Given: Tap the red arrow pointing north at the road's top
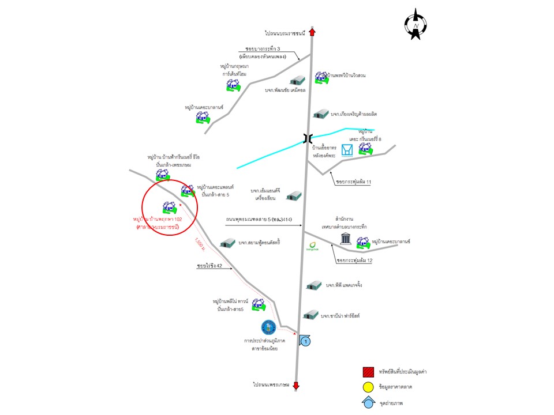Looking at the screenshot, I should [312, 33].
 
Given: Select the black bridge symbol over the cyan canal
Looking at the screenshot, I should [309, 138].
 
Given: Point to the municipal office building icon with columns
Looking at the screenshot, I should [346, 239].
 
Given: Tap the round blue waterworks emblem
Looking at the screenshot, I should [268, 328].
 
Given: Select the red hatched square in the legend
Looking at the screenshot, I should [367, 372].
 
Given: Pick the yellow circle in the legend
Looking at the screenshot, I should [367, 387].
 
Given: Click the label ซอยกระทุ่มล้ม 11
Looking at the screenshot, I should [352, 182].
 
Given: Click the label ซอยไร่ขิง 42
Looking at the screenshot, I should [209, 266].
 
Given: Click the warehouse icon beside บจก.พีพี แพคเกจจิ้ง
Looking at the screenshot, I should [313, 285].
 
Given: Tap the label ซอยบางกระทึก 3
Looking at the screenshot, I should [266, 50].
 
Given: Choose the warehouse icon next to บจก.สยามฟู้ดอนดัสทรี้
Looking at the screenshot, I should [227, 243].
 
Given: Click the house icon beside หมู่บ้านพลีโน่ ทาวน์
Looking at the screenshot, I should [258, 304].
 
